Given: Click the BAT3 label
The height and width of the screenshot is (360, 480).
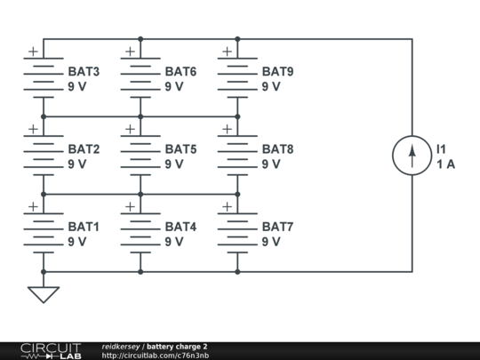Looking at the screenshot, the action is [84, 72].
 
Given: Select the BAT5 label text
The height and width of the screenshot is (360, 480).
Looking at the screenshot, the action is [180, 149].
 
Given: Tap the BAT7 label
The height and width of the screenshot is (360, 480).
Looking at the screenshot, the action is [277, 227].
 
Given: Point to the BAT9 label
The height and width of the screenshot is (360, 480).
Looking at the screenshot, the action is [277, 72].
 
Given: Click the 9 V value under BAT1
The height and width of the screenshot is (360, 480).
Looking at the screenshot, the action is [76, 242].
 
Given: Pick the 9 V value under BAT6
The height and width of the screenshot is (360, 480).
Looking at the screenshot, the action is [174, 86].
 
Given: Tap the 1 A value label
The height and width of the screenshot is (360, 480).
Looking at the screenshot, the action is [445, 164].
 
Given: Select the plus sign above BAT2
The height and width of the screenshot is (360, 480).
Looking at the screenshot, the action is [33, 129].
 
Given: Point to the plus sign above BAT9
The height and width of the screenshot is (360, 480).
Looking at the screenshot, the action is [228, 52].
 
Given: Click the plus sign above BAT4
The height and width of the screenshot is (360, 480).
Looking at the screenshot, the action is [130, 206].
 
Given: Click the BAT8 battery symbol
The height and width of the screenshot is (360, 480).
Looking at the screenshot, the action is [237, 156].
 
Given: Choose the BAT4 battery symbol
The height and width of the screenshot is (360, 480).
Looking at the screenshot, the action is [140, 233].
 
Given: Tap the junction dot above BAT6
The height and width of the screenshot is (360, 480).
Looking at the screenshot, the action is [140, 39].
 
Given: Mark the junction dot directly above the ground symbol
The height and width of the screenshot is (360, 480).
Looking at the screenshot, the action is [44, 271].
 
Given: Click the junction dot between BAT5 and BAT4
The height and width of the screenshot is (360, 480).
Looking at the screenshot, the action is [140, 194].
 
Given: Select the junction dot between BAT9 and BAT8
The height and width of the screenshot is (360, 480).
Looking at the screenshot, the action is [237, 116].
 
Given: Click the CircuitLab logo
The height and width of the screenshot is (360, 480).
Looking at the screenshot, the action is [52, 351].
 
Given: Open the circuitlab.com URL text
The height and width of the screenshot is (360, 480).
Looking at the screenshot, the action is [156, 356].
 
